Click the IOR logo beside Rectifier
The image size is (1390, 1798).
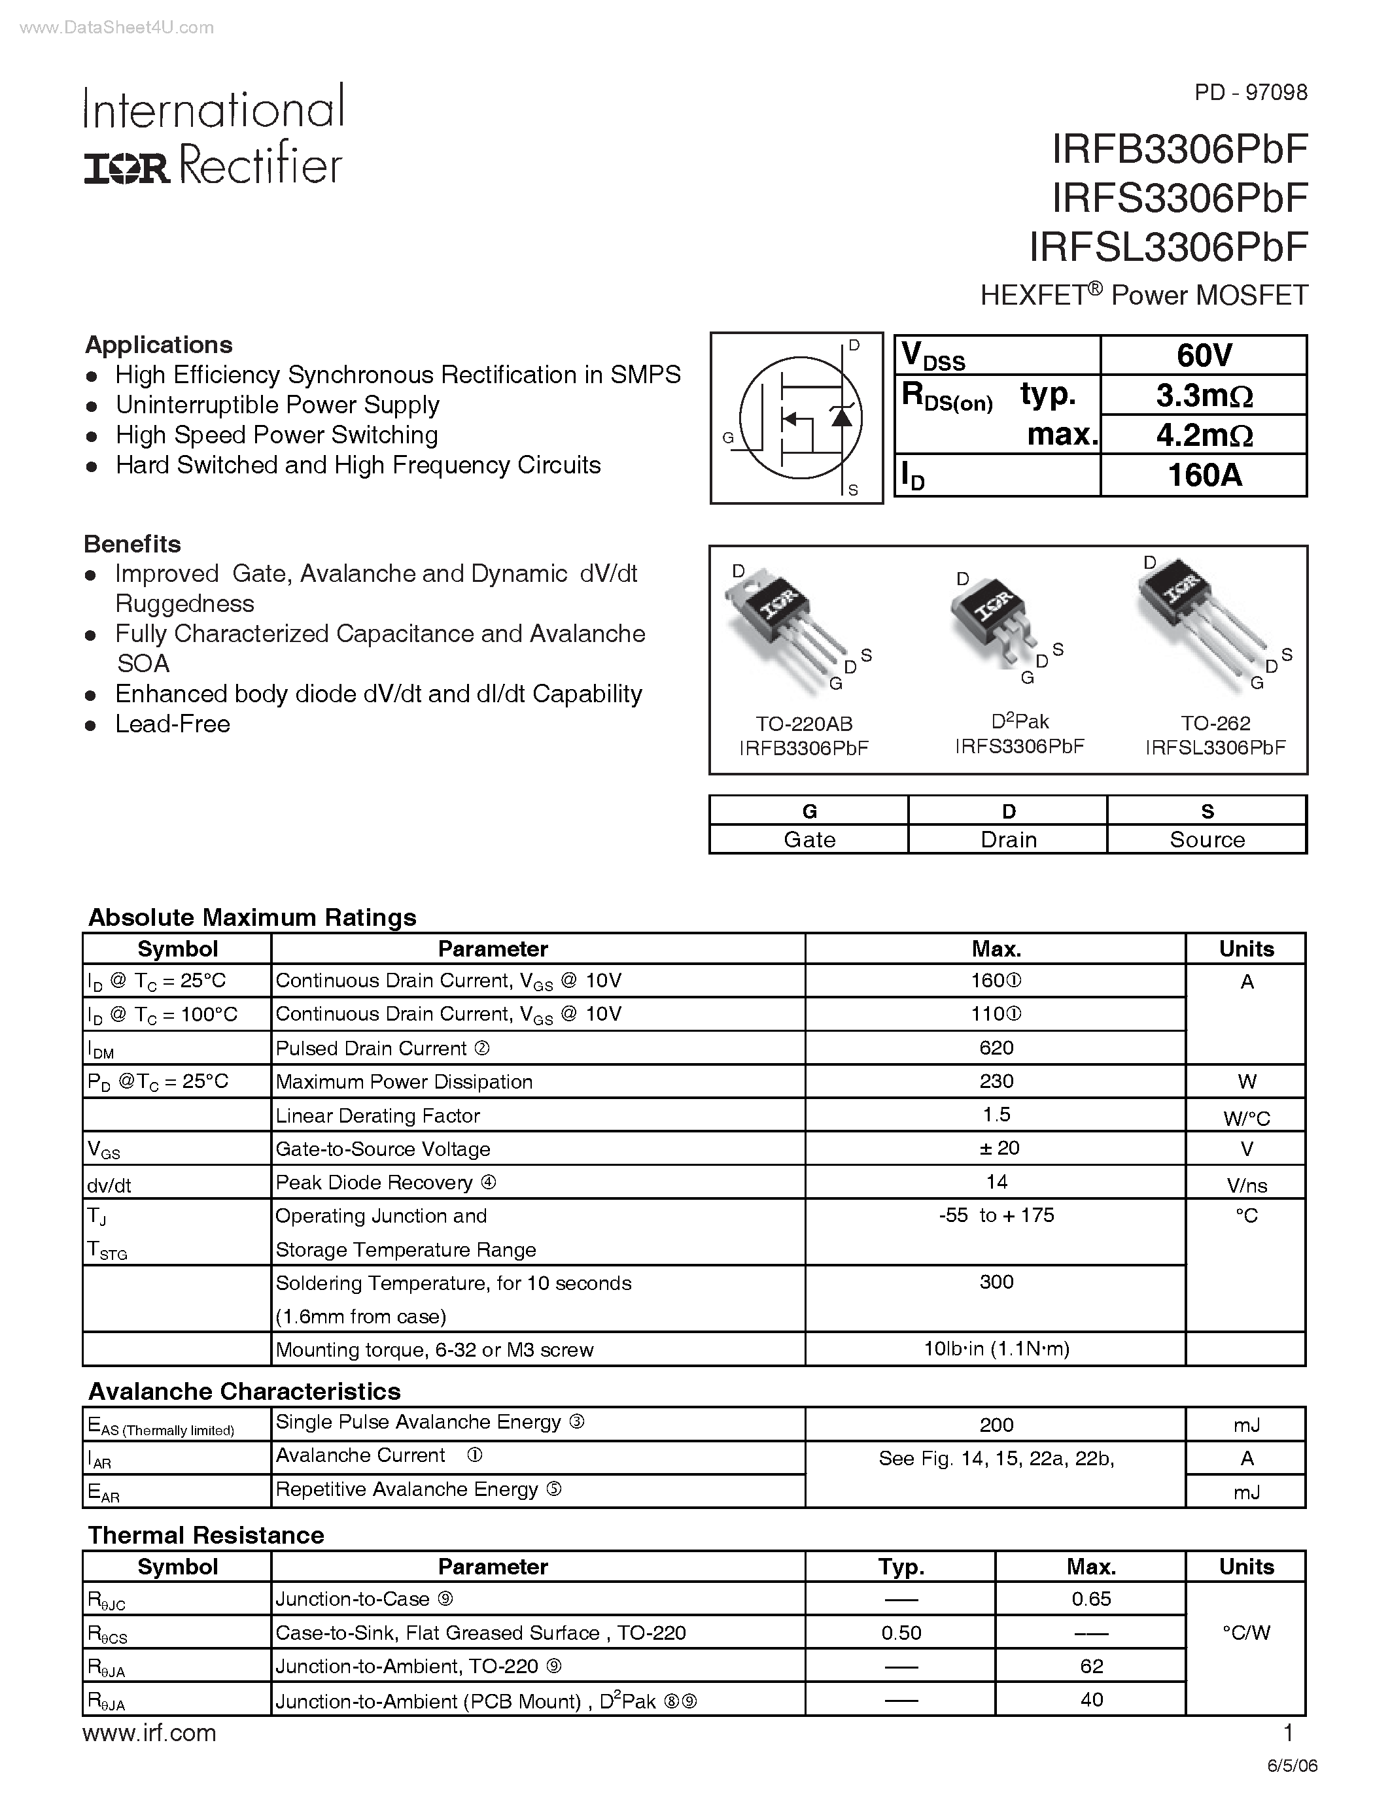127,168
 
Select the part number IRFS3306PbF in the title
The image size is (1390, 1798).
1179,197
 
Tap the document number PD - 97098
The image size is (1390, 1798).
1250,92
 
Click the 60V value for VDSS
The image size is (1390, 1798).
1204,356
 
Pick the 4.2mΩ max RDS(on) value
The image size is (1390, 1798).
1204,435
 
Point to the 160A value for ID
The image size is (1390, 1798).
1204,475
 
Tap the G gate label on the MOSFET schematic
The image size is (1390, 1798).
728,438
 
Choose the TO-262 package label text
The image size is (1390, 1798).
1215,723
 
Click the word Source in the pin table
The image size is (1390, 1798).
1208,840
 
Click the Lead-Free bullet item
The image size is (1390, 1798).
172,724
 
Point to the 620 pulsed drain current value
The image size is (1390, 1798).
996,1048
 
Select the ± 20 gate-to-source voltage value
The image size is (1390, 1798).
996,1149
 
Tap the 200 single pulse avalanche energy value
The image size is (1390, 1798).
996,1425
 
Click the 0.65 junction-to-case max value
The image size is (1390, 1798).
1091,1599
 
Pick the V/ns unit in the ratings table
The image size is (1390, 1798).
1247,1185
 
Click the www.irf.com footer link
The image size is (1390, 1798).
150,1733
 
